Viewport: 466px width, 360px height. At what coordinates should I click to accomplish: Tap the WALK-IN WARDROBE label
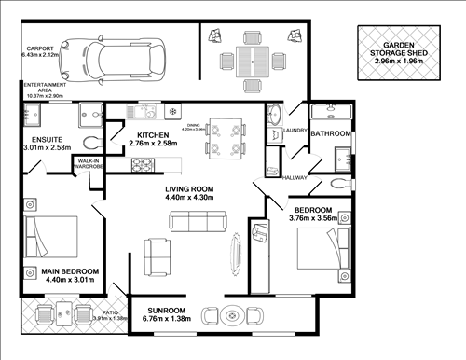[x=88, y=165]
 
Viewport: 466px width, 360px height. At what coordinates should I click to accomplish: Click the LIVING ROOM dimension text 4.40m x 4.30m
[x=190, y=198]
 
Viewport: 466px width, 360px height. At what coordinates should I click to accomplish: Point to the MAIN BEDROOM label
[x=70, y=272]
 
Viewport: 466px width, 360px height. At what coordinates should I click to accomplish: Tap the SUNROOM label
[x=167, y=310]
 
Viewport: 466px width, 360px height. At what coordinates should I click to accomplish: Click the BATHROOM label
[x=330, y=134]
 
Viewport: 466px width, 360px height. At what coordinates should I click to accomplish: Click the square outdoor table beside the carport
[x=250, y=62]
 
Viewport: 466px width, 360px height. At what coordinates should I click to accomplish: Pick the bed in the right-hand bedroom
[x=322, y=244]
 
